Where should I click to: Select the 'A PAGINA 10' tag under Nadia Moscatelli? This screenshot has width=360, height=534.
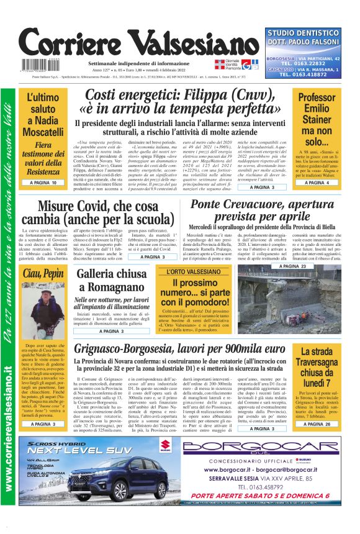(x=47, y=183)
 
